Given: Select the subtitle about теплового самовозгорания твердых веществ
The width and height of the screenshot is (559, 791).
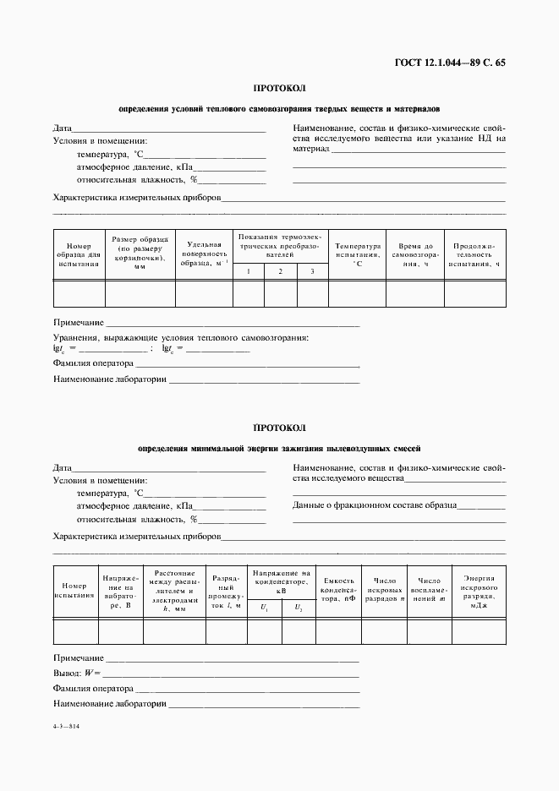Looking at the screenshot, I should tap(279, 109).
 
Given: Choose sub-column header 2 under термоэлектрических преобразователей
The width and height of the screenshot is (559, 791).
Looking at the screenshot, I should tap(280, 271).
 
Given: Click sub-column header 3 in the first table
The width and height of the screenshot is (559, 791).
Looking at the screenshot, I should tap(312, 271).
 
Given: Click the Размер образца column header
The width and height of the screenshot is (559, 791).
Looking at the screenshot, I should tap(140, 253).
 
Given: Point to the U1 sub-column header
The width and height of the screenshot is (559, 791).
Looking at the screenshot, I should tap(264, 608).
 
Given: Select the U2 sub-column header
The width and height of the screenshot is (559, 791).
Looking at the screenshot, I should tap(298, 608).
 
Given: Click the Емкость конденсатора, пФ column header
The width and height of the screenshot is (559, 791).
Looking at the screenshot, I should tap(338, 589).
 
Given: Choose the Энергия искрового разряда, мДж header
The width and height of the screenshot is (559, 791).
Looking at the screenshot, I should tap(480, 589).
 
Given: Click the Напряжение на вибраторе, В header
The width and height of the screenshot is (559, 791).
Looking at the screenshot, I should tap(119, 590).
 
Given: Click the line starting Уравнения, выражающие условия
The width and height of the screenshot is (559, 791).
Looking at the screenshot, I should tap(180, 337).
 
